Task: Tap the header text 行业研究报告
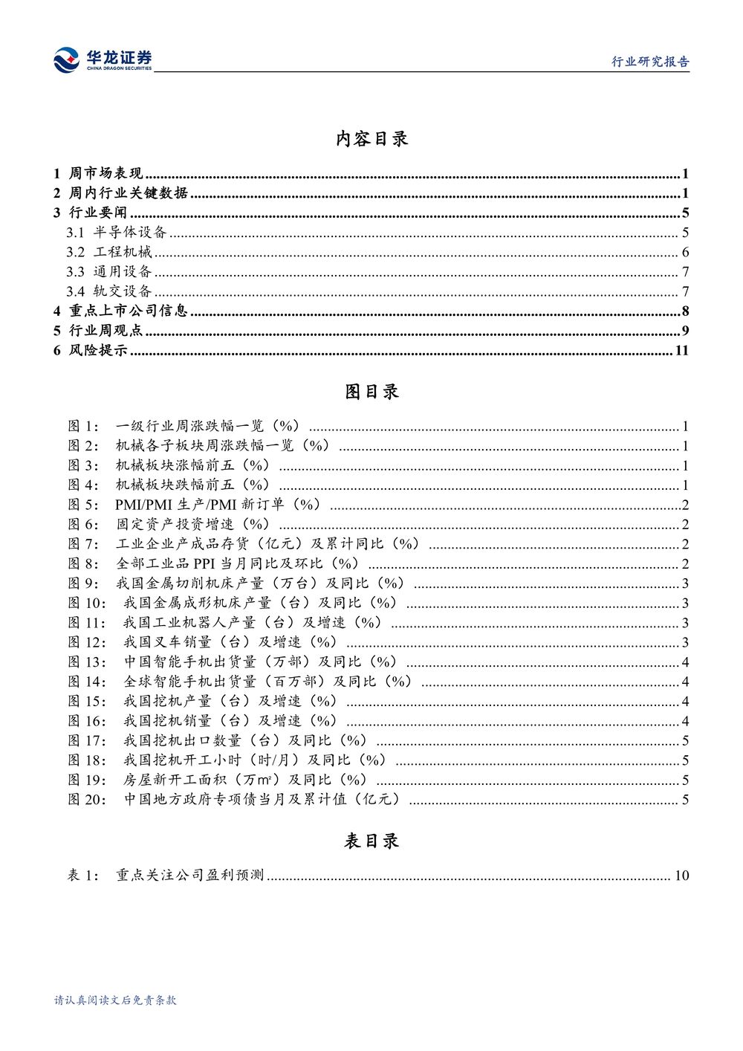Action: [650, 62]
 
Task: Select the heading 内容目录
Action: [371, 139]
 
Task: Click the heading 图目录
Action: [371, 392]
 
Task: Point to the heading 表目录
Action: [371, 841]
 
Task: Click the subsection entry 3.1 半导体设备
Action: [117, 233]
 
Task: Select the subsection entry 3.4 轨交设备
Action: [109, 291]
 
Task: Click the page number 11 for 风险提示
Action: [681, 350]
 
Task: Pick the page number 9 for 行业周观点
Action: [685, 331]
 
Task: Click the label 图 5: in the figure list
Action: [82, 505]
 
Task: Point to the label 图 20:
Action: [87, 800]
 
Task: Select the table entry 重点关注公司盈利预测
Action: [189, 876]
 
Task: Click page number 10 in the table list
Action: [681, 876]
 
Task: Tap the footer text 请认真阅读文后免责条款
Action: [115, 1000]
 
